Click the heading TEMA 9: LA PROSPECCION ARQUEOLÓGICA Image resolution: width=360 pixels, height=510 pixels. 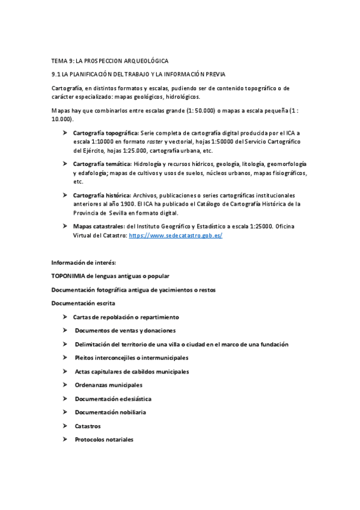(x=109, y=61)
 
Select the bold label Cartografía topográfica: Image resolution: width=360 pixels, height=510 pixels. (x=105, y=132)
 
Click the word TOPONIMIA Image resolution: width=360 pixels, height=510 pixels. (x=69, y=276)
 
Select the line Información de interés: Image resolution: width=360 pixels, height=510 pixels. (x=84, y=262)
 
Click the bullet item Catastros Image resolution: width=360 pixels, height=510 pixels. (x=88, y=426)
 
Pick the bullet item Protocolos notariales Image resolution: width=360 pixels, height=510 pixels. (x=104, y=440)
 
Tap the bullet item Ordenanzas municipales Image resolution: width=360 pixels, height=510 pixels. (x=108, y=385)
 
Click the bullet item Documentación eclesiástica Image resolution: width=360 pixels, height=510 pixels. (x=113, y=399)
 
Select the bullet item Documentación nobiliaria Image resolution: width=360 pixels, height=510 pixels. (x=110, y=413)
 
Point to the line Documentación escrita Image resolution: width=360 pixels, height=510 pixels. (x=83, y=303)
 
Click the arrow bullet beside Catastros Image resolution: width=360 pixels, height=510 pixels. (x=64, y=426)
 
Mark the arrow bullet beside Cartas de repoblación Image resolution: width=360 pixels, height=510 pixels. (x=64, y=317)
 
